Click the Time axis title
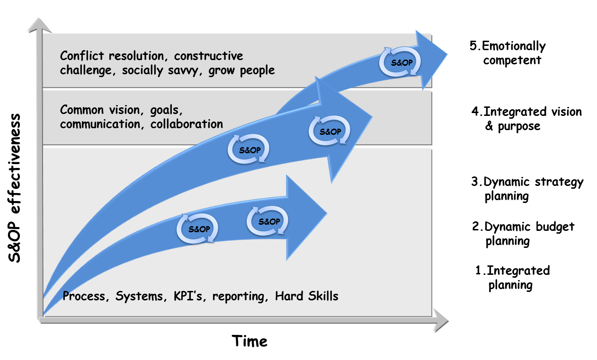pos(249,341)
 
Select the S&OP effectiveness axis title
pos(15,188)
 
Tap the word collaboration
pos(187,124)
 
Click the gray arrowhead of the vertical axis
pos(38,25)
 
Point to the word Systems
pos(134,297)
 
